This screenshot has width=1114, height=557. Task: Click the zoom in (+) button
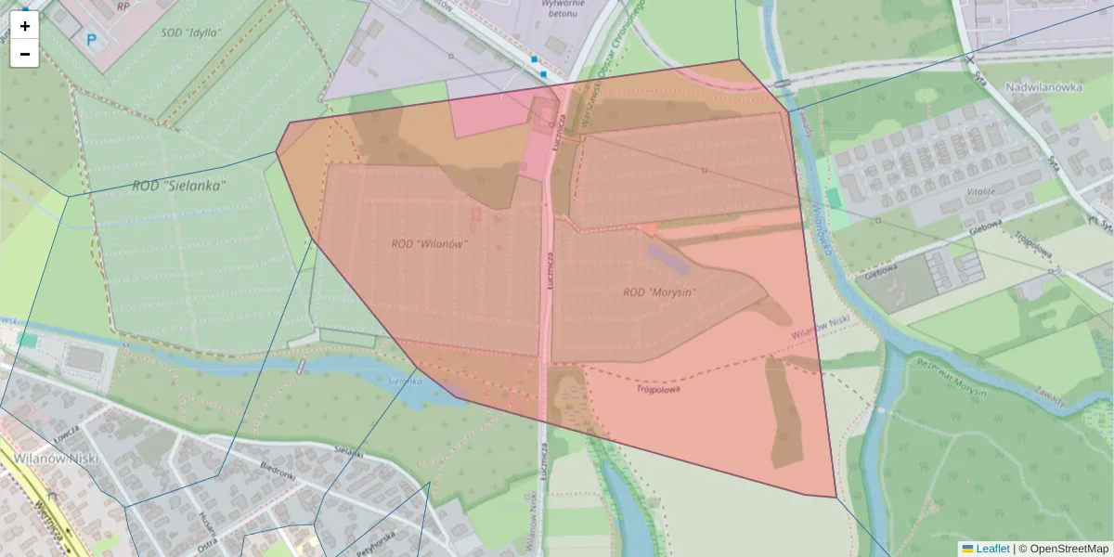coord(25,26)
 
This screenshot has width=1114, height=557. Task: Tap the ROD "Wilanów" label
coord(429,244)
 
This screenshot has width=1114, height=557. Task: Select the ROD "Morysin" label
coord(659,292)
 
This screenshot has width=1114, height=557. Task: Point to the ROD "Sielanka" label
coord(179,186)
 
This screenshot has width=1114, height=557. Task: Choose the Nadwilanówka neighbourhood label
coord(1045,87)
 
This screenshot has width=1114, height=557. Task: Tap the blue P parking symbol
coord(91,40)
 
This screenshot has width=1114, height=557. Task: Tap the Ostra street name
coord(205,540)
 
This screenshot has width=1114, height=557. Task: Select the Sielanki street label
coord(348,450)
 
